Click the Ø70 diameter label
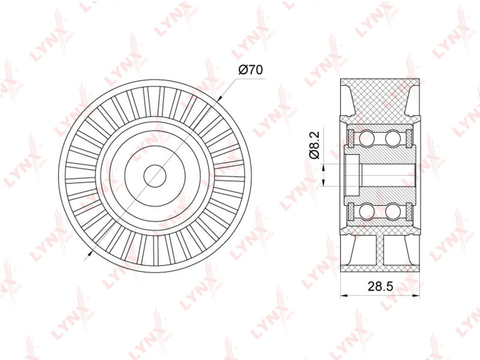tap(250, 70)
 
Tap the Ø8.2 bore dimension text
tap(315, 145)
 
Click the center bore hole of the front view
tap(155, 176)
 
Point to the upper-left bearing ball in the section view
tap(367, 138)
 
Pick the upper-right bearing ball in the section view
tap(393, 138)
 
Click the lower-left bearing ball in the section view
tap(367, 212)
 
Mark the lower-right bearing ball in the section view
tap(393, 212)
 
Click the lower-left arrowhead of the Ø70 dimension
tap(90, 252)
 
